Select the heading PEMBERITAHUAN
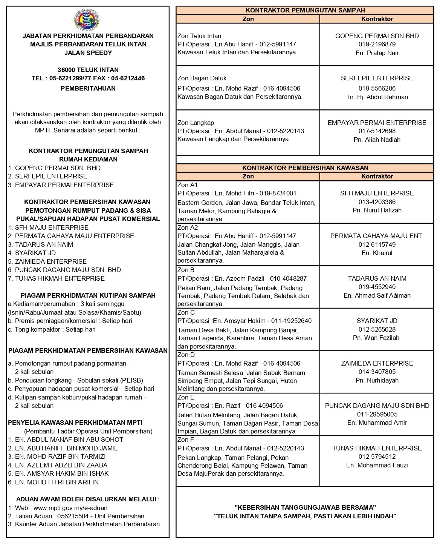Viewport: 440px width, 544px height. click(x=88, y=88)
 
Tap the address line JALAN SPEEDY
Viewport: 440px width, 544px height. click(x=88, y=53)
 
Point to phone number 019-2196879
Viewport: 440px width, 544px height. click(x=377, y=44)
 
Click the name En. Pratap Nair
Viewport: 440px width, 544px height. click(x=377, y=53)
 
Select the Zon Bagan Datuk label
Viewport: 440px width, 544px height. click(x=202, y=78)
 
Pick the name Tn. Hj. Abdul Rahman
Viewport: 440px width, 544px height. click(x=377, y=97)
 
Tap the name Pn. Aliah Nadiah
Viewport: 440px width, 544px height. click(x=377, y=140)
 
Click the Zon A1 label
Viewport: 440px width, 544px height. click(x=188, y=185)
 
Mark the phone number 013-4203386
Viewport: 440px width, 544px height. click(x=377, y=202)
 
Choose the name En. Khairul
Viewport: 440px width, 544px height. click(x=377, y=253)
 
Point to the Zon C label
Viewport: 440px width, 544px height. click(x=186, y=312)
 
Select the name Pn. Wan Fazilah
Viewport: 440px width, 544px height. click(x=377, y=338)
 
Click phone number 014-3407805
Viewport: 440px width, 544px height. click(x=377, y=372)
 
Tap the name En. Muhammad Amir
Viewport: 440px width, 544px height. click(x=377, y=423)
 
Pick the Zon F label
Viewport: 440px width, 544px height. click(x=186, y=440)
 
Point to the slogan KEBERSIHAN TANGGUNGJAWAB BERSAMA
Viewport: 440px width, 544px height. click(x=305, y=507)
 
